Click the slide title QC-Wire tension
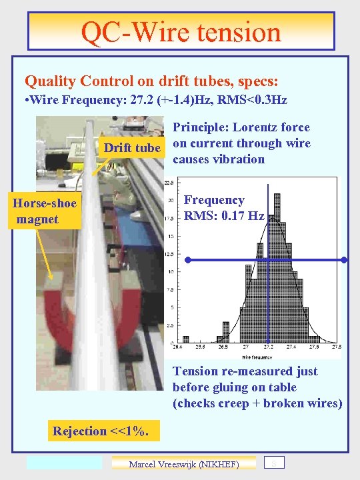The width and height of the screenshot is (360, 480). pos(181,31)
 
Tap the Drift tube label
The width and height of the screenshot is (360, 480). pos(132,148)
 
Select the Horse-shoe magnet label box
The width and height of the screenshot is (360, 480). pos(44,211)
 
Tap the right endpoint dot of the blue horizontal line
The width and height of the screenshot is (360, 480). pos(344,259)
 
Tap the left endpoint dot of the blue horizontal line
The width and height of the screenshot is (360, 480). pos(189,259)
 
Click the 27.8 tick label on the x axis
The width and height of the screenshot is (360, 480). pos(336,347)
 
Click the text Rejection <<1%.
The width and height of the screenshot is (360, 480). pos(105,431)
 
